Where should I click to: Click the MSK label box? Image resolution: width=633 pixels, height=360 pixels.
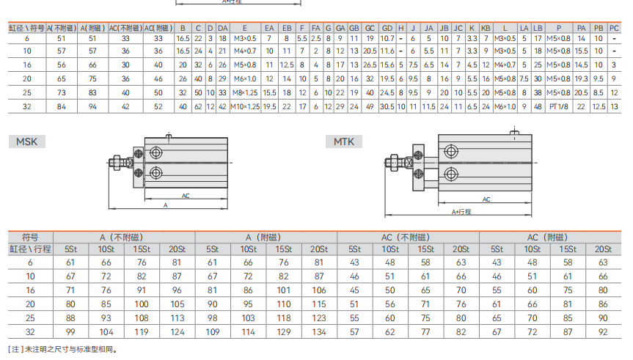pos(26,142)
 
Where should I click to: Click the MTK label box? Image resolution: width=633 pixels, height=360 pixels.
pos(344,142)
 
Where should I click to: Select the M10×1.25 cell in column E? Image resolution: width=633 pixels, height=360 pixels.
pos(245,106)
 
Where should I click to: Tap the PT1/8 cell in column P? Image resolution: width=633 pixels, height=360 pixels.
pos(559,106)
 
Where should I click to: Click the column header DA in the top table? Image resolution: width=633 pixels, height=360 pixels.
pos(222,29)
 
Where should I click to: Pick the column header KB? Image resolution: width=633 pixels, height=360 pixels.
pos(486,29)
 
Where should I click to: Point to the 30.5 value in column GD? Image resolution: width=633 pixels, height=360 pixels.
pos(387,106)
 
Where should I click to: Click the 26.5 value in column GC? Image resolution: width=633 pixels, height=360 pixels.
pos(370,65)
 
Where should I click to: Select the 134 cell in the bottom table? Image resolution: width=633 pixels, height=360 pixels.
pos(319,331)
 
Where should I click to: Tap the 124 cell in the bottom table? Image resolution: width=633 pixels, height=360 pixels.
pos(178,331)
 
